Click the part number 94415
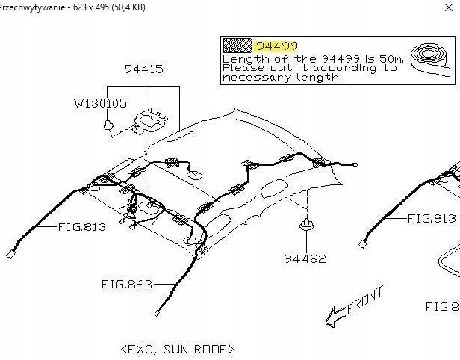(x=144, y=69)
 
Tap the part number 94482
(x=305, y=258)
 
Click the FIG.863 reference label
(x=126, y=284)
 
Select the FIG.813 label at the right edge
(x=431, y=218)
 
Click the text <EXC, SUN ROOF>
(x=177, y=349)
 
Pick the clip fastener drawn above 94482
(x=306, y=225)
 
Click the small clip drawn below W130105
(x=110, y=126)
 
